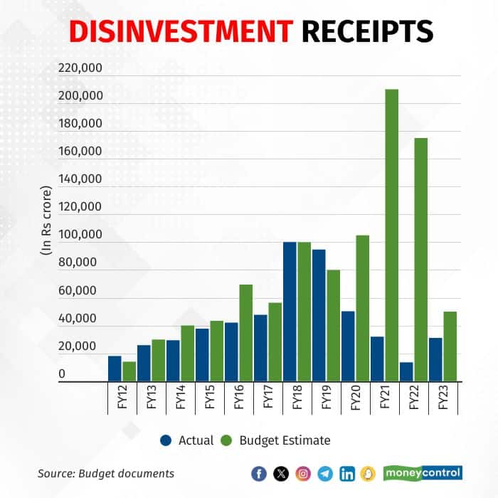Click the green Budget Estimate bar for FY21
coord(391,235)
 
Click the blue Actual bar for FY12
coord(115,369)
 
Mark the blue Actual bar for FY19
coord(319,316)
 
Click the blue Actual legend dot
coord(166,440)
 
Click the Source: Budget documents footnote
coord(106,473)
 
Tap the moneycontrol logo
coord(423,472)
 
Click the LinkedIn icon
coord(347,474)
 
